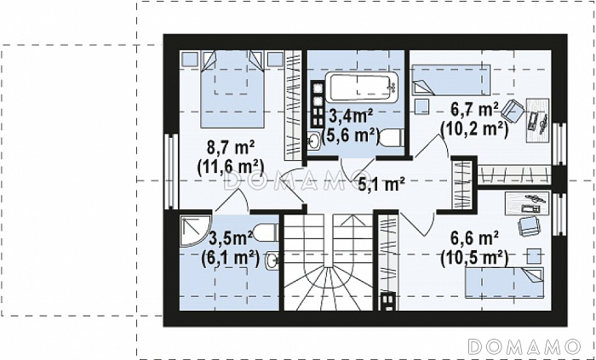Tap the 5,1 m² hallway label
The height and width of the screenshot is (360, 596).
pyautogui.click(x=381, y=185)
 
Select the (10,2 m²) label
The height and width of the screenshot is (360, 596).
pyautogui.click(x=474, y=129)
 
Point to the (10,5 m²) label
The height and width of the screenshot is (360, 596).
pyautogui.click(x=474, y=259)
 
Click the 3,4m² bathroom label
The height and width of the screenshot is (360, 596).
pyautogui.click(x=351, y=116)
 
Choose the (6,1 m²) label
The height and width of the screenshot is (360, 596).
pyautogui.click(x=230, y=260)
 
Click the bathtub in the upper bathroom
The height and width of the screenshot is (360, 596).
pyautogui.click(x=361, y=89)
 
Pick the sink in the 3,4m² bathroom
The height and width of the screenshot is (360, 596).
pyautogui.click(x=314, y=141)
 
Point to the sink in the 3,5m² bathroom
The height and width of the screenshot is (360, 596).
pyautogui.click(x=272, y=260)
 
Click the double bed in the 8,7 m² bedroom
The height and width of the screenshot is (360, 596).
pyautogui.click(x=232, y=89)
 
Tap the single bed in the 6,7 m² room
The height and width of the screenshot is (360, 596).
pyautogui.click(x=451, y=80)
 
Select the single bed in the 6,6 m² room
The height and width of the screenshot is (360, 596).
pyautogui.click(x=504, y=283)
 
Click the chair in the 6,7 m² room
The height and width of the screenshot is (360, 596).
pyautogui.click(x=512, y=110)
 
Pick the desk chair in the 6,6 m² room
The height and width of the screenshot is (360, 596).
pyautogui.click(x=530, y=226)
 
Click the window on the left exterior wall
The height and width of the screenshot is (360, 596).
pyautogui.click(x=173, y=171)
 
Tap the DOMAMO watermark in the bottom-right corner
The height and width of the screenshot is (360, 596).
pyautogui.click(x=524, y=346)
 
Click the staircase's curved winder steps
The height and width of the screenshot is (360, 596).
pyautogui.click(x=328, y=287)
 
